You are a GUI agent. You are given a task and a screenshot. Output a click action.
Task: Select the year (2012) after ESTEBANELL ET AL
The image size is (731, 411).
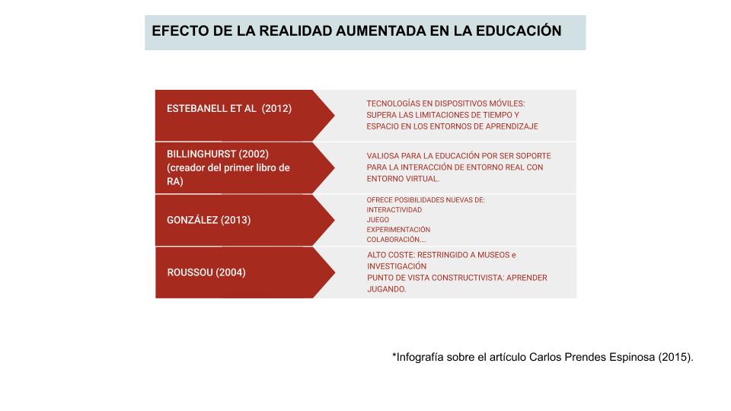pyautogui.click(x=276, y=108)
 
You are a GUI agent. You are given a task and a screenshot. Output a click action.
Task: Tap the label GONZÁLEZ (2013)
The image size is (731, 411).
pyautogui.click(x=209, y=220)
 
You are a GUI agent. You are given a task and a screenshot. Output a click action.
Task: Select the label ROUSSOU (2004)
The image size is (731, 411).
pyautogui.click(x=206, y=272)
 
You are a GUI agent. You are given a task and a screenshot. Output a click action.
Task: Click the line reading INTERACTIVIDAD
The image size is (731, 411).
pyautogui.click(x=394, y=209)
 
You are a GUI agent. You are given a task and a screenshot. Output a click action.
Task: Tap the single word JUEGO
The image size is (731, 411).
pyautogui.click(x=378, y=219)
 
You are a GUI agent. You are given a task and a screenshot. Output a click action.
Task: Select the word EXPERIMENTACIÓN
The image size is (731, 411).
pyautogui.click(x=398, y=229)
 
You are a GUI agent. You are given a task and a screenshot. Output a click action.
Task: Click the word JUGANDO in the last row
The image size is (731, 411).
pyautogui.click(x=385, y=289)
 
